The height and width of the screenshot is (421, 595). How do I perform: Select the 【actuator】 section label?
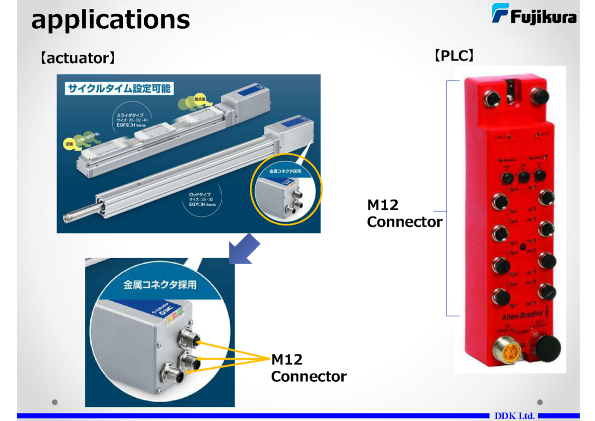tap(78, 59)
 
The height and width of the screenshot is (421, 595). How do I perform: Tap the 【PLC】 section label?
tap(454, 56)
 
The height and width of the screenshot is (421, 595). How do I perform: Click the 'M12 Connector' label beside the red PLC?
tap(404, 213)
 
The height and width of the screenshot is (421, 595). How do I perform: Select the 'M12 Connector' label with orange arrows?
tap(308, 368)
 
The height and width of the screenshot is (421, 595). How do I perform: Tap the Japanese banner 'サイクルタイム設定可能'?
tap(118, 89)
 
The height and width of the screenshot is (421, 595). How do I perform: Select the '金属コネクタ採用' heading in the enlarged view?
tap(160, 285)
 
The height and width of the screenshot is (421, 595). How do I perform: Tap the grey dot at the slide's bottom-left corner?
tap(55, 402)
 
